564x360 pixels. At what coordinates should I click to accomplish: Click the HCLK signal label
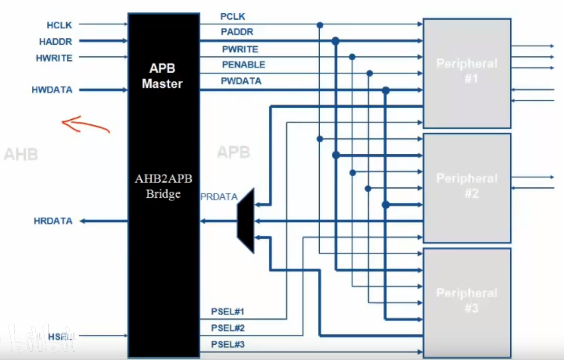(x=59, y=24)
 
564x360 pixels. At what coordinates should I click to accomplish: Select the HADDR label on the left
(x=56, y=41)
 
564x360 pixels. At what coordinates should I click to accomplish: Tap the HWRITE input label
(x=54, y=58)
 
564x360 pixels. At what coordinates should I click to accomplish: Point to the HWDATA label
(x=52, y=90)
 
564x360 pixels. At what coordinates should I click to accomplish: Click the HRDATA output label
(x=53, y=221)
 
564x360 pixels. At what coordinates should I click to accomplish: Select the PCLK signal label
(x=233, y=17)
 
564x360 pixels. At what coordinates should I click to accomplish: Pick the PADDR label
(x=237, y=32)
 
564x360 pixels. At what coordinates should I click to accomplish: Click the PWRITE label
(x=240, y=49)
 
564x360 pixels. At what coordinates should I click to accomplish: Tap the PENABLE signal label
(x=243, y=65)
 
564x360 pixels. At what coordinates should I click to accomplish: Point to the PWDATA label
(x=241, y=81)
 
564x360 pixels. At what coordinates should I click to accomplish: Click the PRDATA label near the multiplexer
(x=219, y=197)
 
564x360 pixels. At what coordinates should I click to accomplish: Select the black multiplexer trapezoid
(x=246, y=221)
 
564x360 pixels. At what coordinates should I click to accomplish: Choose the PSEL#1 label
(x=228, y=312)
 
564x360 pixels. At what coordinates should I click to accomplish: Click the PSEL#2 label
(x=228, y=328)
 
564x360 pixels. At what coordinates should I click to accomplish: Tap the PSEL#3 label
(x=228, y=344)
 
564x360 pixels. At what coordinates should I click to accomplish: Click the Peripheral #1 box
(x=466, y=73)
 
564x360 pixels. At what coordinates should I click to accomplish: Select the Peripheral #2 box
(x=466, y=187)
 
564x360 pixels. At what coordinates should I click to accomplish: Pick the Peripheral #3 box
(x=466, y=302)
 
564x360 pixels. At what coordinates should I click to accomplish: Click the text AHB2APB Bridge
(x=163, y=186)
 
